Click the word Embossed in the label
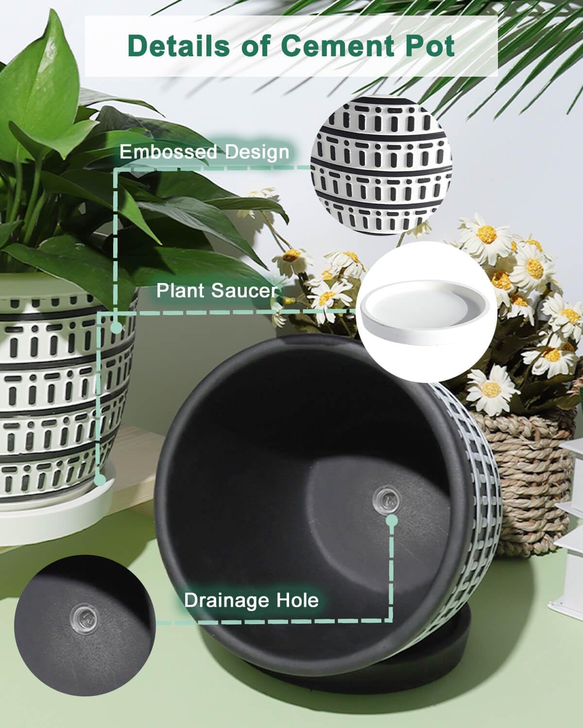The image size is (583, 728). (168, 151)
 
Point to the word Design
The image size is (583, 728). (257, 152)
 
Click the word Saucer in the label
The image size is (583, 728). (244, 290)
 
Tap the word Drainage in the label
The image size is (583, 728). (225, 600)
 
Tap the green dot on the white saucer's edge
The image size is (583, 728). (100, 480)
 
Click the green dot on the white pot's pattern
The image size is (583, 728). (116, 327)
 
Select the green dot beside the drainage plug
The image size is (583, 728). (392, 521)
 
